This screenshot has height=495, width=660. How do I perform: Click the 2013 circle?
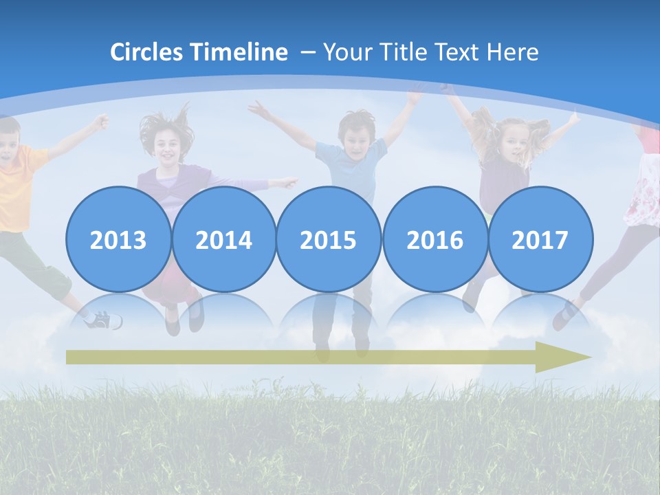click(x=118, y=239)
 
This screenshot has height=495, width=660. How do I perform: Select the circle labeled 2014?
click(x=223, y=239)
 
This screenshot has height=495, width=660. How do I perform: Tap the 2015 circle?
click(x=329, y=239)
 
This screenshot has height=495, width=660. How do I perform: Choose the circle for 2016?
click(x=434, y=239)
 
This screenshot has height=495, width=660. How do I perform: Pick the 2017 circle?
click(x=540, y=239)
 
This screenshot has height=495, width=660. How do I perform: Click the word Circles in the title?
click(x=148, y=52)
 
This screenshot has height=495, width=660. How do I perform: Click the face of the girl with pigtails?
click(x=513, y=141)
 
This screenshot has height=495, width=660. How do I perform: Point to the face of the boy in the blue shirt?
click(x=356, y=134)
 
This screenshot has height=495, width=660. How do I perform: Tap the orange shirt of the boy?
click(x=17, y=186)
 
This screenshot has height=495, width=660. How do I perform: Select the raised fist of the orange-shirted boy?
click(x=102, y=122)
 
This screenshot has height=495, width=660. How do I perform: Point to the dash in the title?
click(x=308, y=52)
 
